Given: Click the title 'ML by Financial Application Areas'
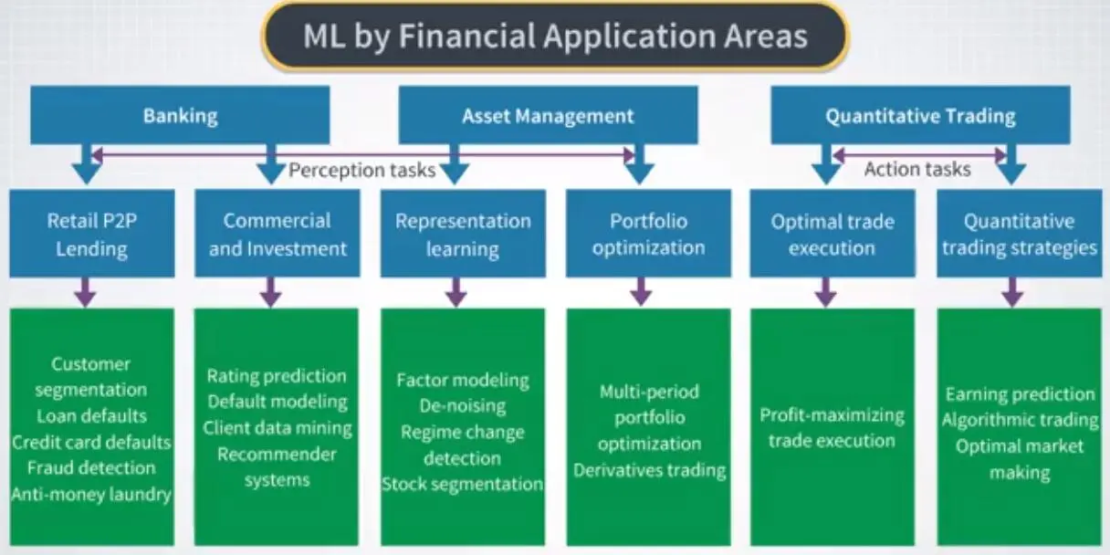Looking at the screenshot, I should tap(555, 37).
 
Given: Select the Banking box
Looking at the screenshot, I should tap(180, 116).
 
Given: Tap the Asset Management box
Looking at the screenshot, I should tap(548, 116).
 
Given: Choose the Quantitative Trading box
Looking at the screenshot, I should tap(920, 116).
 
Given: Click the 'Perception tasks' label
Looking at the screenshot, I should tap(361, 171).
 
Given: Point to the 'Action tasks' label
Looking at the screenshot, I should tap(916, 169).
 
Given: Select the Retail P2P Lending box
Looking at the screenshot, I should tap(91, 234).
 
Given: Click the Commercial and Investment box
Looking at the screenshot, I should tap(277, 234).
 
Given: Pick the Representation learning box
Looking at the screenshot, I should tap(463, 234).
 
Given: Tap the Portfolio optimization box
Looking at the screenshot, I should tap(648, 234).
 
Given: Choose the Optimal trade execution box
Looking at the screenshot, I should tap(832, 234).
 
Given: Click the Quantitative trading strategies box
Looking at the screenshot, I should tap(1019, 234).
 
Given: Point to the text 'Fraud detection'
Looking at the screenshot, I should tap(91, 468).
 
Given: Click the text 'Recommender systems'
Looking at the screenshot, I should tap(277, 466).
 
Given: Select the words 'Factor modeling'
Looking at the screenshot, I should tap(463, 380).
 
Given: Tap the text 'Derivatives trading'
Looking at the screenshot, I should tap(649, 470).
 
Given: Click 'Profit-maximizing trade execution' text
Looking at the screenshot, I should tap(832, 428).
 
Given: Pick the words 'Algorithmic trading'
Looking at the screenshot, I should tap(1020, 420).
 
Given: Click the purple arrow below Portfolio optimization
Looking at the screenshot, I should tap(641, 292).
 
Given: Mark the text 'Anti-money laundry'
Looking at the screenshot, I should tap(91, 495).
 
